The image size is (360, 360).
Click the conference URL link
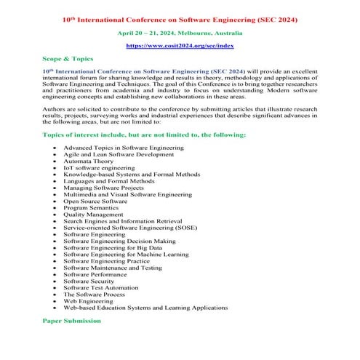tap(179, 45)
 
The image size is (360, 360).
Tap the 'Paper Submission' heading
tap(71, 320)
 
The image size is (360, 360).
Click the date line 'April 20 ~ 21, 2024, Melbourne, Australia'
tap(179, 33)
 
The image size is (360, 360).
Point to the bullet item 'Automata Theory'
tap(93, 163)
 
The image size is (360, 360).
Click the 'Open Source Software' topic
tap(98, 202)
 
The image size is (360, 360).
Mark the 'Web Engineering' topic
tap(90, 299)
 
